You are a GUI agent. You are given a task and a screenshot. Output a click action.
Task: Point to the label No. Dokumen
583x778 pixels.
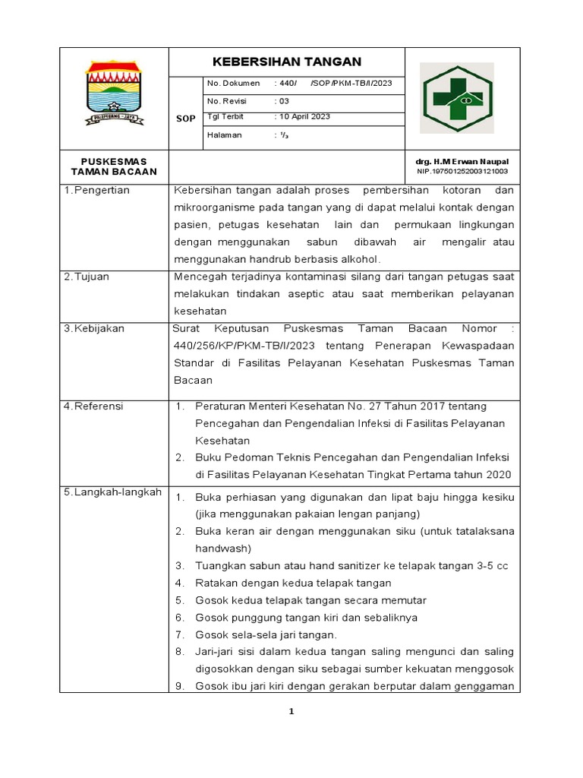(x=233, y=84)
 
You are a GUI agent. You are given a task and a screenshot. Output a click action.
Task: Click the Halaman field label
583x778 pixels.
(x=224, y=134)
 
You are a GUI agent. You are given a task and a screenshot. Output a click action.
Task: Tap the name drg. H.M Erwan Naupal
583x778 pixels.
(x=462, y=162)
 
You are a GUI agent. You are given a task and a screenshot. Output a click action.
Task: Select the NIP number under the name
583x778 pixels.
(x=462, y=172)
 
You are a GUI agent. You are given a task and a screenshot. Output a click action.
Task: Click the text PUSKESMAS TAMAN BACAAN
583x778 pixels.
(x=114, y=166)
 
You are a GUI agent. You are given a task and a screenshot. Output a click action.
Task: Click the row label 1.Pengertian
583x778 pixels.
(x=96, y=191)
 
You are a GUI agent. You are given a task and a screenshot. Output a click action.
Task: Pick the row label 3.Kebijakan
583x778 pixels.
(x=94, y=329)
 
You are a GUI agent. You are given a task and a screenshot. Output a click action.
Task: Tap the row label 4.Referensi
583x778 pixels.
(x=93, y=406)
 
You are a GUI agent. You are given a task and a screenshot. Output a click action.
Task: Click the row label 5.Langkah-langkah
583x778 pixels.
(x=112, y=492)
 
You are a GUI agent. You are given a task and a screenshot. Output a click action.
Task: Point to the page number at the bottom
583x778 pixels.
(x=291, y=712)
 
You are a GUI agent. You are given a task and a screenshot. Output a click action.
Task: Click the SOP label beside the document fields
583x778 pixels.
(x=185, y=119)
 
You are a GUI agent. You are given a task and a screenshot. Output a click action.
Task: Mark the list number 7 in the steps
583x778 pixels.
(x=180, y=635)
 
